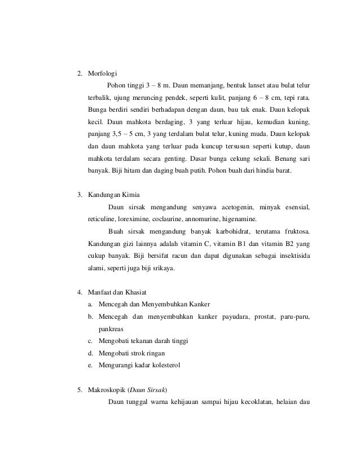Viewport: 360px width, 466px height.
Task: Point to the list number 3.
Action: [x=80, y=195]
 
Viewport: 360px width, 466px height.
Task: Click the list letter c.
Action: [x=90, y=341]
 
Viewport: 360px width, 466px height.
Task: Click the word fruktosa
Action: [x=296, y=232]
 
